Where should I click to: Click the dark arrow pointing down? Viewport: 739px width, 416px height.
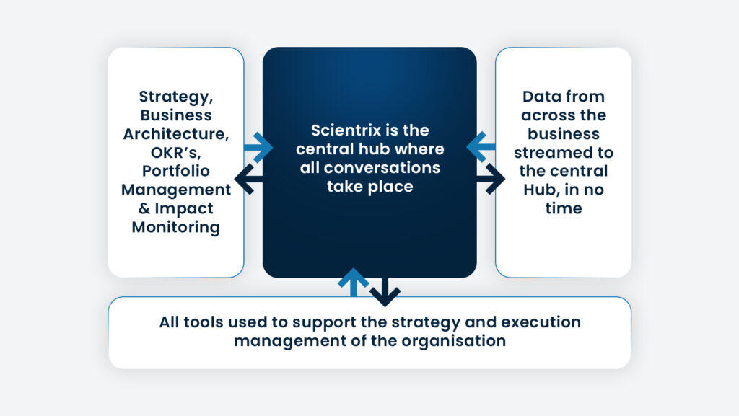pyautogui.click(x=385, y=291)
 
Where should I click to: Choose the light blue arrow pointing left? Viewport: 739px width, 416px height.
pyautogui.click(x=480, y=147)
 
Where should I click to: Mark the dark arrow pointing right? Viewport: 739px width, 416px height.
pyautogui.click(x=491, y=179)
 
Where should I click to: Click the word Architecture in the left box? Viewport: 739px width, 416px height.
pyautogui.click(x=176, y=133)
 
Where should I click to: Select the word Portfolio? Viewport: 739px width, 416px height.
pyautogui.click(x=176, y=171)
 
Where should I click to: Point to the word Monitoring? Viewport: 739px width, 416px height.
pyautogui.click(x=176, y=227)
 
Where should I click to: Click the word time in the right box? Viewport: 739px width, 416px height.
pyautogui.click(x=563, y=208)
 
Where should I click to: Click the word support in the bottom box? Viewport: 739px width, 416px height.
pyautogui.click(x=330, y=322)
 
